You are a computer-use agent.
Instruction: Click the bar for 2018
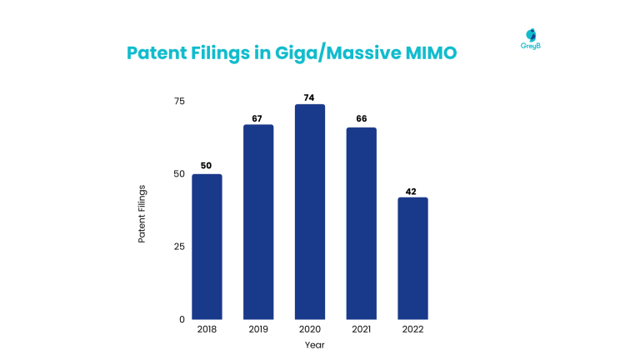click(207, 247)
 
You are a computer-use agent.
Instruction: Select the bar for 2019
click(258, 222)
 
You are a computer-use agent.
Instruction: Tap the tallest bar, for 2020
click(310, 212)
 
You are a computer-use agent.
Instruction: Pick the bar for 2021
click(362, 223)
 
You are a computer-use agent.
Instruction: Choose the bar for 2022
click(412, 258)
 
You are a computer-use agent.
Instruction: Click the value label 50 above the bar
click(207, 166)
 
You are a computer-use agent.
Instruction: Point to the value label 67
click(258, 117)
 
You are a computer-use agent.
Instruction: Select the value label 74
click(310, 97)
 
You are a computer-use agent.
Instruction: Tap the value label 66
click(362, 120)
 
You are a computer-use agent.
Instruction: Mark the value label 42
click(412, 190)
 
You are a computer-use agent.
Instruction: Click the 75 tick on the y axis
click(178, 101)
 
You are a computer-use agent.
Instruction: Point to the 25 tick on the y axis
click(178, 247)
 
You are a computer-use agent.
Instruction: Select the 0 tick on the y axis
click(182, 319)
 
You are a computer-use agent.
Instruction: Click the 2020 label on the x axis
click(310, 330)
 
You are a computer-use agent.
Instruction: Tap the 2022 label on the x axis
click(412, 330)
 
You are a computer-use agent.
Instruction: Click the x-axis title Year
click(314, 345)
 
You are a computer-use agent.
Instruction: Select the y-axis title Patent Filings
click(142, 214)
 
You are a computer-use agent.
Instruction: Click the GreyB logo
click(530, 38)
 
